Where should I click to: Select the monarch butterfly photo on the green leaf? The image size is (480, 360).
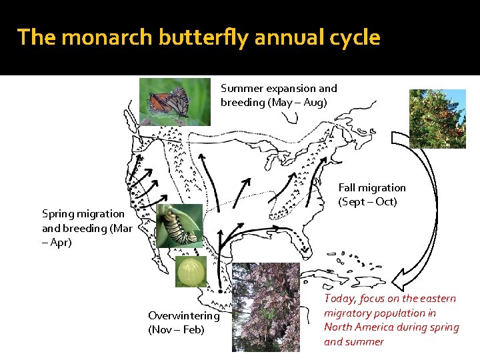(x=175, y=101)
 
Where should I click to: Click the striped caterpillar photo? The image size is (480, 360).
(x=179, y=225)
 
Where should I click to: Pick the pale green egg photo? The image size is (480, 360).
(x=187, y=272)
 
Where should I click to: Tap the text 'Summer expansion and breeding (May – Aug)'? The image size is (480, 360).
(x=279, y=95)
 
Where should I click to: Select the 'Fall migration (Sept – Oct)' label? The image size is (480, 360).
(x=371, y=195)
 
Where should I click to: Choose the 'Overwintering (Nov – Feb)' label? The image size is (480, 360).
(x=183, y=323)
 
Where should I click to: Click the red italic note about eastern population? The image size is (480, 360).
(x=391, y=320)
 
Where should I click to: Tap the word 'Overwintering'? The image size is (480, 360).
(x=183, y=315)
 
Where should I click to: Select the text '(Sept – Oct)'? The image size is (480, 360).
(x=367, y=202)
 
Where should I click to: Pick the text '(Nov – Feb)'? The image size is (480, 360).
(x=176, y=330)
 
